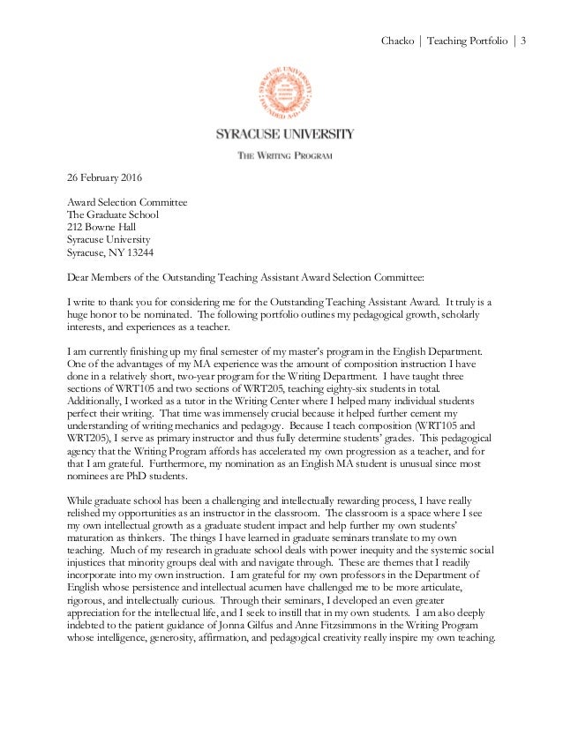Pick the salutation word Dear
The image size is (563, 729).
coord(80,275)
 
